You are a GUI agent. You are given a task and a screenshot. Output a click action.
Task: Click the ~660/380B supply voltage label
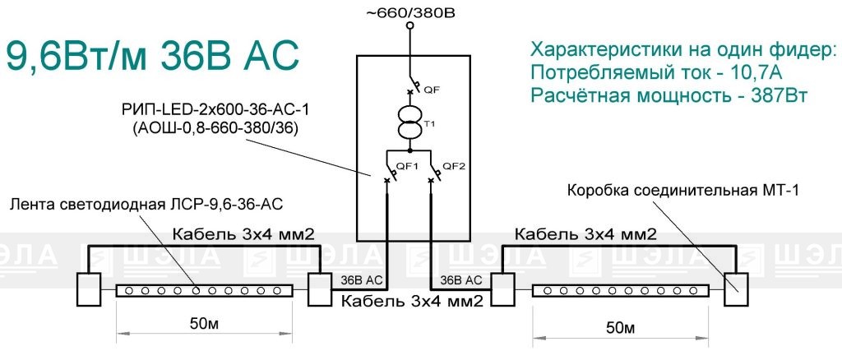pyautogui.click(x=411, y=12)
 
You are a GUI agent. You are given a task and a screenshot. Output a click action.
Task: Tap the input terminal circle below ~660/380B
pyautogui.click(x=410, y=25)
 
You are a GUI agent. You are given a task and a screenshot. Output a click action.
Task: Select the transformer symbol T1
pyautogui.click(x=409, y=122)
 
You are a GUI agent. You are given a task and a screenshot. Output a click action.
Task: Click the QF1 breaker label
pyautogui.click(x=408, y=166)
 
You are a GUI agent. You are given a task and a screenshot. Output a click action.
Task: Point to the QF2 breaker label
pyautogui.click(x=453, y=166)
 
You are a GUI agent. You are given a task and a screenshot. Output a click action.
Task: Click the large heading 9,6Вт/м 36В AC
pyautogui.click(x=152, y=57)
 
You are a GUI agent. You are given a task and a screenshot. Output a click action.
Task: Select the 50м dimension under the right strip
pyautogui.click(x=622, y=328)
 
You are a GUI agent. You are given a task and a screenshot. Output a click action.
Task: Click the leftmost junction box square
pyautogui.click(x=88, y=289)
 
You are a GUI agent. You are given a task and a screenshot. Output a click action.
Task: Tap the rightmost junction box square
pyautogui.click(x=736, y=289)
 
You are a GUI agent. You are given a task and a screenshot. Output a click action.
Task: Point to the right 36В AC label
pyautogui.click(x=457, y=280)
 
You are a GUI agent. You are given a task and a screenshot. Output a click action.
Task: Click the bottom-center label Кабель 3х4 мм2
pyautogui.click(x=413, y=301)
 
